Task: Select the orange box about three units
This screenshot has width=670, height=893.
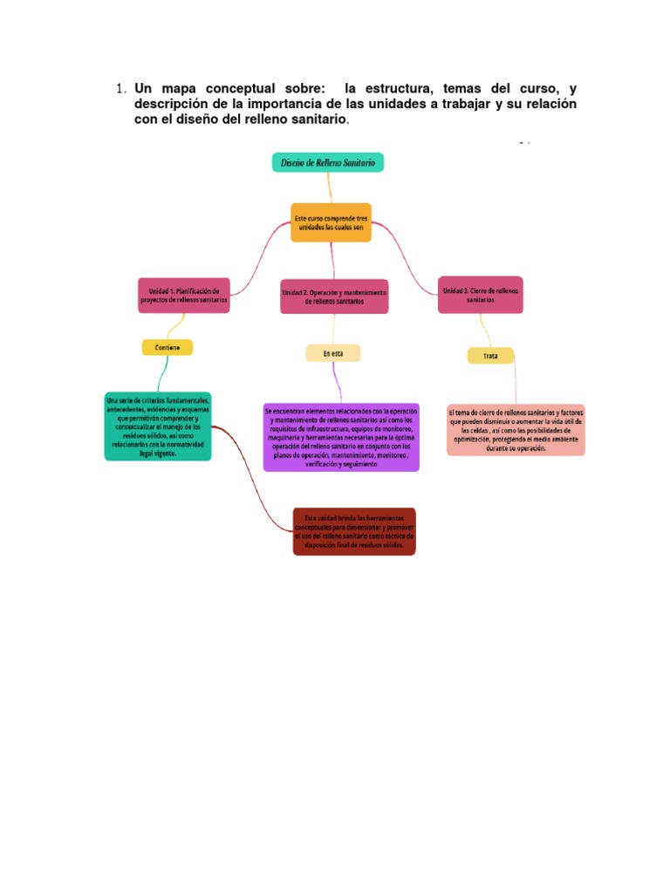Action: click(x=331, y=222)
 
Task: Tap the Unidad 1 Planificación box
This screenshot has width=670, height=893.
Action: click(x=184, y=295)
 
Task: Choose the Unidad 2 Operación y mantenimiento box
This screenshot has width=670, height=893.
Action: click(x=334, y=297)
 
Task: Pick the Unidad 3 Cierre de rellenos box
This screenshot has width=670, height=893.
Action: click(x=481, y=295)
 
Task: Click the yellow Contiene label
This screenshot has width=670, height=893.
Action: click(x=167, y=347)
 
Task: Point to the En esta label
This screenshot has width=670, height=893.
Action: click(x=332, y=352)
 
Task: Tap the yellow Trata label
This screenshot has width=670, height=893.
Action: click(x=490, y=355)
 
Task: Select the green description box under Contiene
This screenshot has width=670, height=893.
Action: click(x=158, y=426)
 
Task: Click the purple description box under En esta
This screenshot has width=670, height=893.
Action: click(x=341, y=437)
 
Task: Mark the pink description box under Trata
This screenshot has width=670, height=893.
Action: click(x=516, y=429)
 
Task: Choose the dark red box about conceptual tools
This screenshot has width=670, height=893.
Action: click(x=354, y=531)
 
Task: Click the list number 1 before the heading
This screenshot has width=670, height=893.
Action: click(x=120, y=90)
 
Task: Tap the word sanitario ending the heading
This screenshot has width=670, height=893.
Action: click(x=318, y=119)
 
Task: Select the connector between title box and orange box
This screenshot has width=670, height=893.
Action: click(x=329, y=187)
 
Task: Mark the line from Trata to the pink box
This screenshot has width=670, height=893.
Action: click(x=514, y=384)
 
